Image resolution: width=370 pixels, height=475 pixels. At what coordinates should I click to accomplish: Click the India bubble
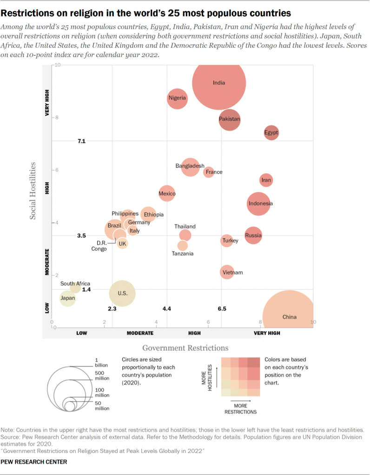tap(219, 83)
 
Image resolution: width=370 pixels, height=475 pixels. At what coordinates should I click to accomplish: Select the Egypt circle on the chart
tap(271, 133)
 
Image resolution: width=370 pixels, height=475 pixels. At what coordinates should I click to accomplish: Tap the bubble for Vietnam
tap(227, 272)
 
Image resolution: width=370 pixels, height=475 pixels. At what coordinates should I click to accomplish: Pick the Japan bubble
tap(67, 298)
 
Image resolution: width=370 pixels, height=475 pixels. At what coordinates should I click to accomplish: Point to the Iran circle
tap(266, 180)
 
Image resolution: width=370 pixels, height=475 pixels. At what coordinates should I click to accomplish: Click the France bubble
tap(209, 172)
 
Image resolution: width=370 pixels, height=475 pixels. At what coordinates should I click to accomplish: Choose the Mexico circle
tap(167, 194)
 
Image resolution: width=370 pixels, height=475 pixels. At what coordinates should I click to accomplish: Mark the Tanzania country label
tap(183, 254)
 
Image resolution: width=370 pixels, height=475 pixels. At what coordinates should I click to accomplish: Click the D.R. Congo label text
tap(99, 246)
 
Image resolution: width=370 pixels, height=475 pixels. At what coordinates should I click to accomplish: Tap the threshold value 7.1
tap(82, 141)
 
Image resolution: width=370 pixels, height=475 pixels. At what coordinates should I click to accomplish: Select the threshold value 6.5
tap(222, 309)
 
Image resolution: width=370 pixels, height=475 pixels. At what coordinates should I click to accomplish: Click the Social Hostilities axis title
tap(33, 190)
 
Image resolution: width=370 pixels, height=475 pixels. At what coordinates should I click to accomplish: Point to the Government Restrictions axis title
tap(185, 348)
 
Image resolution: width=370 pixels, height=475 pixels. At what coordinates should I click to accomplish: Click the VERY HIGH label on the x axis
tap(267, 333)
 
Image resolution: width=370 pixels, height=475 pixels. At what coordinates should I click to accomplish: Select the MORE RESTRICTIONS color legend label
tap(240, 409)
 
